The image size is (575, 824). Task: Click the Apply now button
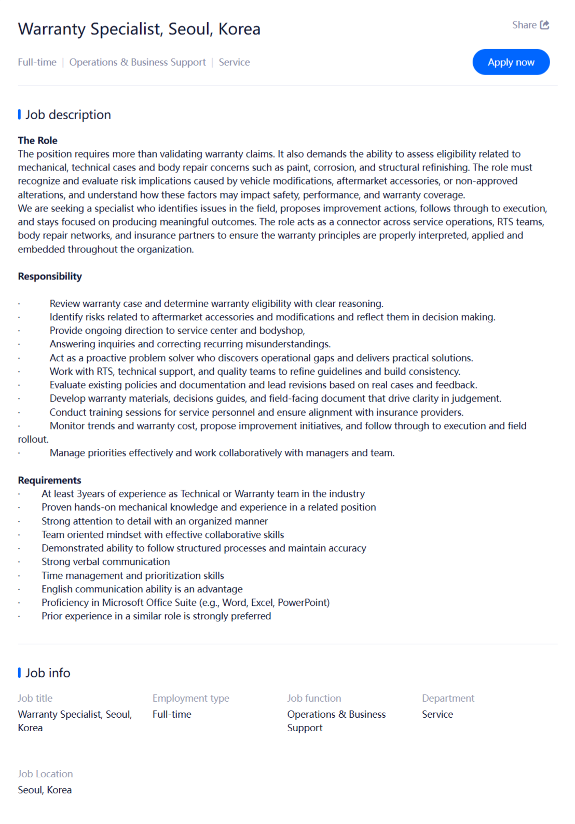[511, 62]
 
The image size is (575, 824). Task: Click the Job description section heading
[68, 115]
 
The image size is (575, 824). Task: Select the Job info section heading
[48, 673]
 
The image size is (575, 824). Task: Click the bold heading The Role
[37, 140]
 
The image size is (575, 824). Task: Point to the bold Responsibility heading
[50, 276]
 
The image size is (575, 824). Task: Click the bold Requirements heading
[49, 480]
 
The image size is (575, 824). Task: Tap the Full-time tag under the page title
[37, 62]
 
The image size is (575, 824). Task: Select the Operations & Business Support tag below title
[138, 62]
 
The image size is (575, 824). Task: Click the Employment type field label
[190, 698]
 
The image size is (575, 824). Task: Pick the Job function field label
[314, 698]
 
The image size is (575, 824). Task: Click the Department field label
[448, 698]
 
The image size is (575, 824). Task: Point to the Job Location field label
[45, 774]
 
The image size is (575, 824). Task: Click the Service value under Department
[437, 714]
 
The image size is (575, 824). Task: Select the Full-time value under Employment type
[172, 714]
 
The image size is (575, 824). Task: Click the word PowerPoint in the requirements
[303, 603]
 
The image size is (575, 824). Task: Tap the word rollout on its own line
[33, 439]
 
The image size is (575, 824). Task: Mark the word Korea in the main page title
[239, 29]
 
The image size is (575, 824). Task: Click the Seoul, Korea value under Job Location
[45, 790]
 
